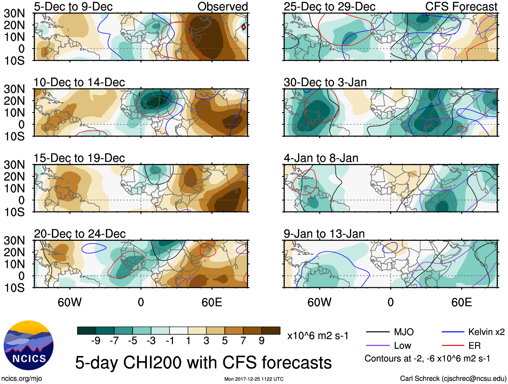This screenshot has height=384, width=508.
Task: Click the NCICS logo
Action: pos(29,345)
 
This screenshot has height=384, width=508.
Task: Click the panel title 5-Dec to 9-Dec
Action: pos(73,6)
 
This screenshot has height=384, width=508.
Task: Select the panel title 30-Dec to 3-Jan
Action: pos(325,82)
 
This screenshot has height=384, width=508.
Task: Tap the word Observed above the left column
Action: pos(222,6)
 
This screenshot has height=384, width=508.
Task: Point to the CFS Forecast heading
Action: pos(461,6)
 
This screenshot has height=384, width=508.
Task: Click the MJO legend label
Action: pos(404,332)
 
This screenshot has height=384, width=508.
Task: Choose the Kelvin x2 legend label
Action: pos(486,332)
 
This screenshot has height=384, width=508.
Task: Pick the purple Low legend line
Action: pos(378,345)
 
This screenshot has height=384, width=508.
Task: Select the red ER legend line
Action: pos(453,345)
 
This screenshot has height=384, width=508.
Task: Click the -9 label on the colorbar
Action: pos(96,341)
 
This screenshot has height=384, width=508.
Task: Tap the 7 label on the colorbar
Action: pos(243,341)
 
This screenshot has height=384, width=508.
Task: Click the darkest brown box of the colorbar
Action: pos(271,331)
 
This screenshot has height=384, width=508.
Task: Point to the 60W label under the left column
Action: pos(70,302)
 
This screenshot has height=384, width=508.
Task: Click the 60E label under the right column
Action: pos(461,302)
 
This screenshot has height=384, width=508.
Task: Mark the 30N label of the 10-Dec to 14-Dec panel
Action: pos(14,89)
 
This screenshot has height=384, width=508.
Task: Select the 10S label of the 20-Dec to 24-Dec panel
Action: pos(14,288)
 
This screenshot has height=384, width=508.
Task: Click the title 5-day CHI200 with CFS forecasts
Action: pos(203,362)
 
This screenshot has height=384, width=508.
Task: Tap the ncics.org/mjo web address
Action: pos(22,379)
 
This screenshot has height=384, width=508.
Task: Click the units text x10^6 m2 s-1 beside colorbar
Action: pos(318,336)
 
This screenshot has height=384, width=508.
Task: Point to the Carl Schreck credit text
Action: pos(453,379)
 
